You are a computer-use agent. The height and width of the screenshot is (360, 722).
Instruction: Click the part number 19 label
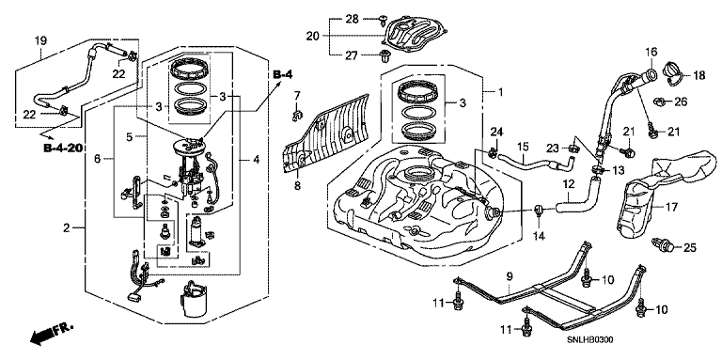41,40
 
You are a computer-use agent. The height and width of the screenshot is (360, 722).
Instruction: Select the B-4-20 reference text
62,149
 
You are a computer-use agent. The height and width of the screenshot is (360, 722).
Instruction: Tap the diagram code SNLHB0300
589,340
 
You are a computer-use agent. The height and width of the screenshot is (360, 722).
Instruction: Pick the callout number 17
671,207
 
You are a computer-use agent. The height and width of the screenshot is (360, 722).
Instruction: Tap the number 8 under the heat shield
297,186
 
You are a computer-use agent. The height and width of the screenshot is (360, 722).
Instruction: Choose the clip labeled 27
383,56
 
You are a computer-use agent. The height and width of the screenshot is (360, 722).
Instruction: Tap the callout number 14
539,236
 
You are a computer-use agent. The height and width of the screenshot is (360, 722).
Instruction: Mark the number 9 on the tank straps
510,276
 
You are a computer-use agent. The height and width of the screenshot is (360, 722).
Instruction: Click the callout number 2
67,227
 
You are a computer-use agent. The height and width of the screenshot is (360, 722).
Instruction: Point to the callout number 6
97,159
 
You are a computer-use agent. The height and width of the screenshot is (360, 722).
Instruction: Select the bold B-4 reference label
283,74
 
